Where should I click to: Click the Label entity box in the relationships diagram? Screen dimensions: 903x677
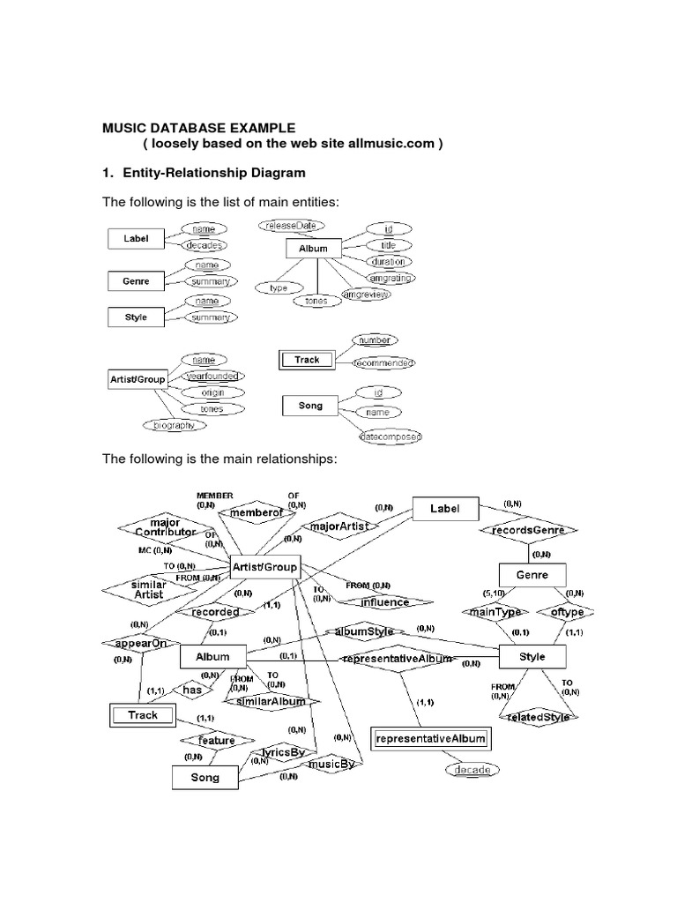[x=446, y=509]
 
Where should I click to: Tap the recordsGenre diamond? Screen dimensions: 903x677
[x=528, y=530]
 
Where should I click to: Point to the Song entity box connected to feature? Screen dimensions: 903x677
[x=205, y=777]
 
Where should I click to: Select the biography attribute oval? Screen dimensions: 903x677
[x=174, y=424]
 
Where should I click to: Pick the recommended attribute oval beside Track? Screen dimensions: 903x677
[x=383, y=362]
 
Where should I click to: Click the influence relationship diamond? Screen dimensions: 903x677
[x=385, y=603]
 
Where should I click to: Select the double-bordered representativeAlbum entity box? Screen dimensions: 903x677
[x=430, y=738]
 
